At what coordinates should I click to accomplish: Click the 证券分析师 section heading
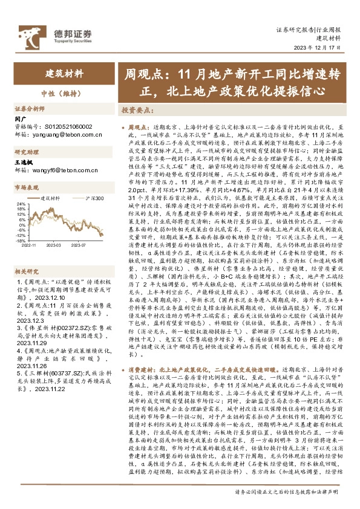(x=30, y=109)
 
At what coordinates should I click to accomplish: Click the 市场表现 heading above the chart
(x=26, y=189)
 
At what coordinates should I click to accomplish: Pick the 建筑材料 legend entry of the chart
(x=50, y=198)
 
